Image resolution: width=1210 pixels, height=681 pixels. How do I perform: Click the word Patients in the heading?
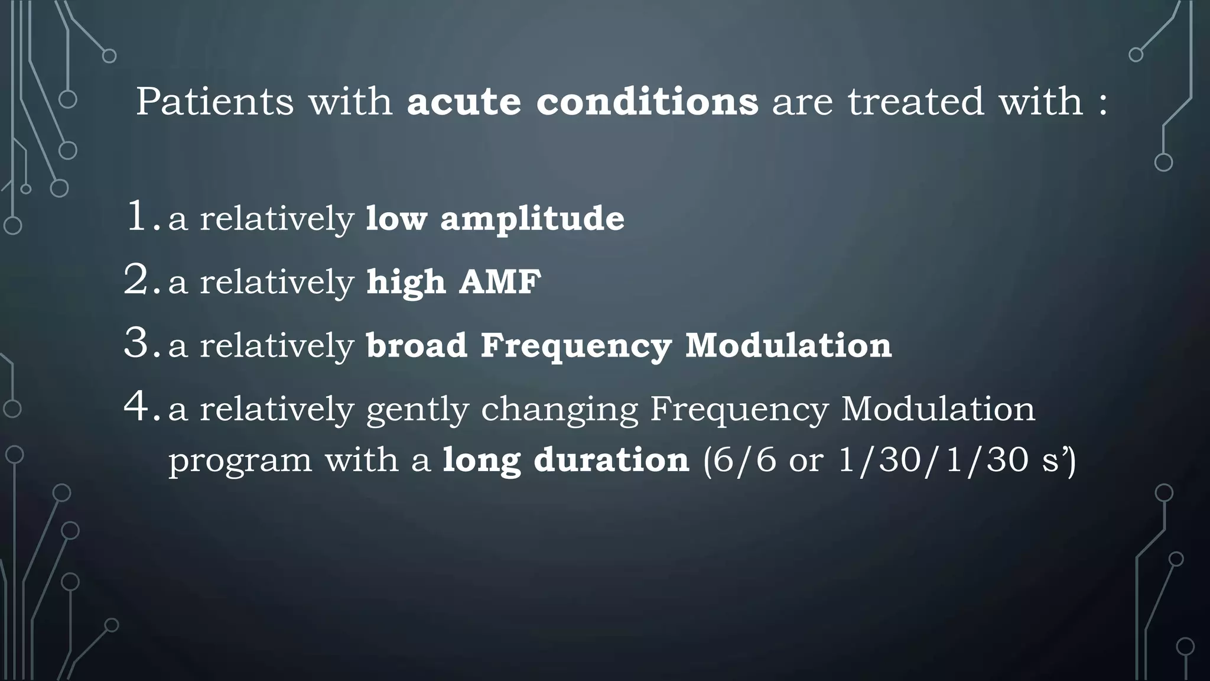pos(214,102)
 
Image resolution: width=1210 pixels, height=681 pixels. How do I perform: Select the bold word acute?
pos(464,102)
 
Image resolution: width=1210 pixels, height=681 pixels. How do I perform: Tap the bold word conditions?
pos(647,102)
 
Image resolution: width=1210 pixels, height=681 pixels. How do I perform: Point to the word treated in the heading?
pos(916,102)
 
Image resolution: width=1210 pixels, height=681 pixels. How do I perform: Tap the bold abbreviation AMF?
pos(500,282)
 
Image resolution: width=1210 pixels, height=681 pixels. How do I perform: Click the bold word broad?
pos(417,345)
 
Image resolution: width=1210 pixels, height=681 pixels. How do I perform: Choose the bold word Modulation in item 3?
pos(788,345)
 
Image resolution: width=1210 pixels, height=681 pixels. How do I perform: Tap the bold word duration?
pos(611,460)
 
